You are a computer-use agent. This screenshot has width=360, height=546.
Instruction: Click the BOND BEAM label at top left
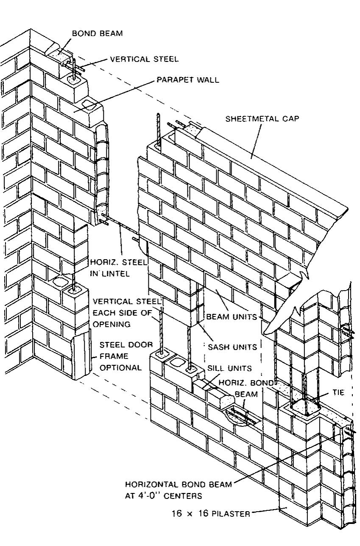(x=97, y=34)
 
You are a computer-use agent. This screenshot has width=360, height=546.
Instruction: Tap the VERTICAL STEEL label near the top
(x=144, y=59)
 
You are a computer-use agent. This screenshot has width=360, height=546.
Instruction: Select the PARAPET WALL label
(x=188, y=80)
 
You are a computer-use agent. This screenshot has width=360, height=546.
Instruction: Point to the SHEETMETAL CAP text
(x=262, y=119)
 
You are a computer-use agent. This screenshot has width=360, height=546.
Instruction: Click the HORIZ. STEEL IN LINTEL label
(x=118, y=268)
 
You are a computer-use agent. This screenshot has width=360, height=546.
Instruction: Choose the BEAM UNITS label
(x=232, y=317)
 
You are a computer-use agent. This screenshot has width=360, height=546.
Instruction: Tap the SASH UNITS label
(x=232, y=347)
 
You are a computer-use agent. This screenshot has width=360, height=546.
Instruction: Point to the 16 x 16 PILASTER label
(x=211, y=514)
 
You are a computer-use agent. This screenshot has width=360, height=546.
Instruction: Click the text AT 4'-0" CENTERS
(x=163, y=495)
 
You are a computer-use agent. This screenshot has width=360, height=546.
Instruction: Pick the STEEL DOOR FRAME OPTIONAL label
(x=120, y=356)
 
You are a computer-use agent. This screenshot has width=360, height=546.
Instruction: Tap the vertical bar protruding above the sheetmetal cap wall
(x=158, y=127)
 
